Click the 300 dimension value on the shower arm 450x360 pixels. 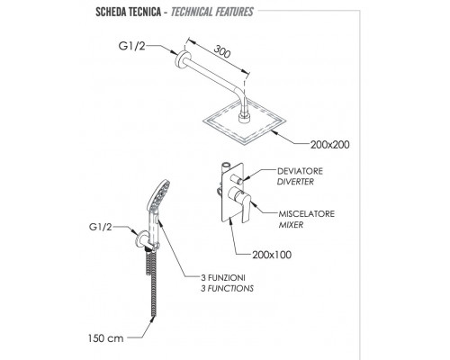222,51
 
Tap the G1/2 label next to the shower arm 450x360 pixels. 131,46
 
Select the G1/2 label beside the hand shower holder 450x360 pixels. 100,227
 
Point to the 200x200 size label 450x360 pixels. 329,145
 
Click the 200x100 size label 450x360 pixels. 272,255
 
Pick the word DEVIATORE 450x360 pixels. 300,171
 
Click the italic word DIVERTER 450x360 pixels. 295,182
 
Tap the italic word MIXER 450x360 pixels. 291,225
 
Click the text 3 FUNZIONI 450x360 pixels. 223,277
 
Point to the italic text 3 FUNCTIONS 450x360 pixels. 227,288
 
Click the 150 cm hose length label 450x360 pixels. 105,338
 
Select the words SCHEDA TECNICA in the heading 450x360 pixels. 128,12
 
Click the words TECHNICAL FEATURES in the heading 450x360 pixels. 212,12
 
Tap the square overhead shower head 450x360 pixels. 245,121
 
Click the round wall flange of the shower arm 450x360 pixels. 182,59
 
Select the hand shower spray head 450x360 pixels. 158,195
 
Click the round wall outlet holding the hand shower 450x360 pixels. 142,240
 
